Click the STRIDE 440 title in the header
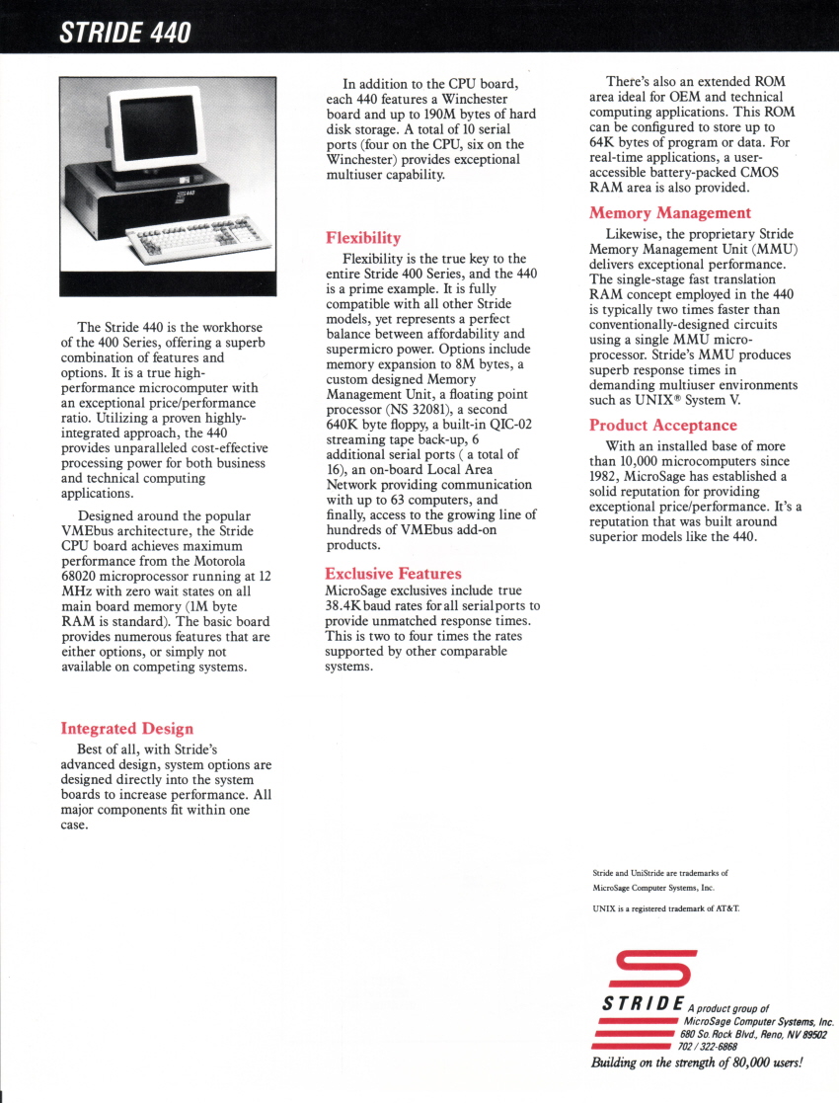[125, 34]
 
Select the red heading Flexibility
[363, 237]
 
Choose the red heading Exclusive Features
[393, 573]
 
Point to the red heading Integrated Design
[126, 729]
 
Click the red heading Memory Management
[669, 212]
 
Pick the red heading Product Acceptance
[662, 425]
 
